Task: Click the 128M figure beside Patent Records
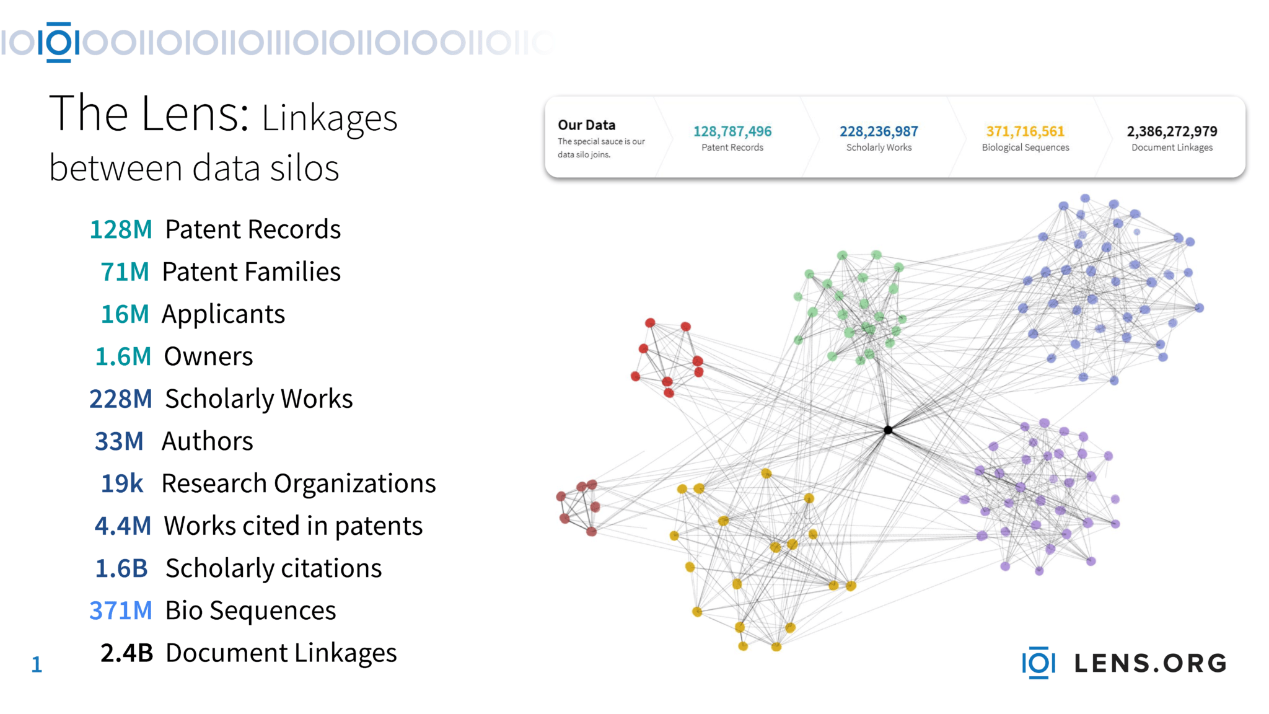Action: pos(121,229)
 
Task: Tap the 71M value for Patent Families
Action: pos(125,271)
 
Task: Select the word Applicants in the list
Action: pos(223,314)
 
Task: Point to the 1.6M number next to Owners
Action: pos(123,356)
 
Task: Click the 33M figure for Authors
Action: pos(118,441)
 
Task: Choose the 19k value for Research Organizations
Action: pos(122,483)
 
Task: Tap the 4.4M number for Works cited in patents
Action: pos(123,526)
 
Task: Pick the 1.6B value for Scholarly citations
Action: pos(121,568)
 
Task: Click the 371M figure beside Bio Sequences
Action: pos(121,610)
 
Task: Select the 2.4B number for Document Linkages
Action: pos(126,653)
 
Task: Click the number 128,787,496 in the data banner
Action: pos(732,131)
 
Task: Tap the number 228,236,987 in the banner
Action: pos(879,131)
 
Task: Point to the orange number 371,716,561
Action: pos(1025,131)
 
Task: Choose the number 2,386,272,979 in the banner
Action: pos(1172,131)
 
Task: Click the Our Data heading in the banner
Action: pos(586,125)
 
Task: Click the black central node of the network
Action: pos(888,430)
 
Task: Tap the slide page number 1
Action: pos(37,664)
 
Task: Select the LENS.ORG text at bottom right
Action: pos(1150,663)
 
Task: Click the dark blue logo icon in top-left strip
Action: pos(59,42)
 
